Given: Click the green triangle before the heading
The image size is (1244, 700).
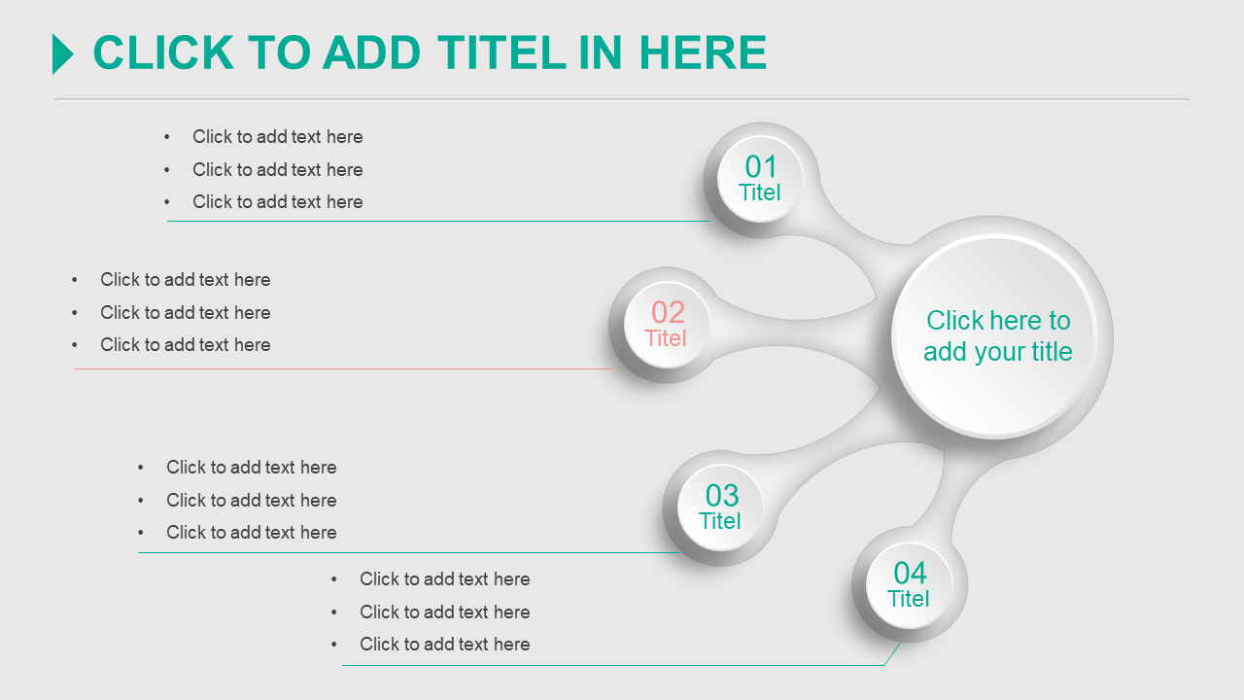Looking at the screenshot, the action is (x=61, y=53).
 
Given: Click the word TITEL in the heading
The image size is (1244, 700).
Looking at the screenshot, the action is (x=501, y=52).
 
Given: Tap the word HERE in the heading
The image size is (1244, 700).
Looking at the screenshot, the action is (x=703, y=52).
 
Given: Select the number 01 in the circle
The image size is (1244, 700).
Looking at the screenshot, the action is (x=760, y=166).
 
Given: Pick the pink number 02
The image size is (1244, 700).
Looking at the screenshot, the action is (x=668, y=312).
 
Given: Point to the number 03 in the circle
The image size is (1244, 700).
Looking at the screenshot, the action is (x=722, y=495).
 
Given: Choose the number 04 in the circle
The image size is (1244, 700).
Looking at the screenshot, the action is (x=910, y=573).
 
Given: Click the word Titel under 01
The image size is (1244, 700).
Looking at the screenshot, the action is (x=760, y=192).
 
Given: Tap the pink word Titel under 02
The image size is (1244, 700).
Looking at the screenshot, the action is (x=666, y=338).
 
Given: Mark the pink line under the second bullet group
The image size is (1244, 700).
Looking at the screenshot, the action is (x=344, y=368).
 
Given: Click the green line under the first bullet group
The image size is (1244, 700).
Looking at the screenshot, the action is (x=438, y=221).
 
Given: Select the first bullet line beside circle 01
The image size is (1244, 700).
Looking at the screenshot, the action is (x=277, y=137).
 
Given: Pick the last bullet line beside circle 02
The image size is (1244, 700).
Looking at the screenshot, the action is (x=185, y=345).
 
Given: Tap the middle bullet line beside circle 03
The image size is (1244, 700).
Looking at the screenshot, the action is (x=251, y=501).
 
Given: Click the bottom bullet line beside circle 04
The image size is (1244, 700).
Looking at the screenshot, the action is (x=444, y=645).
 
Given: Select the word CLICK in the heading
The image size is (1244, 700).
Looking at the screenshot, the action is (x=163, y=52).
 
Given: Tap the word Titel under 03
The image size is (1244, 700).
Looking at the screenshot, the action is (x=720, y=522).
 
